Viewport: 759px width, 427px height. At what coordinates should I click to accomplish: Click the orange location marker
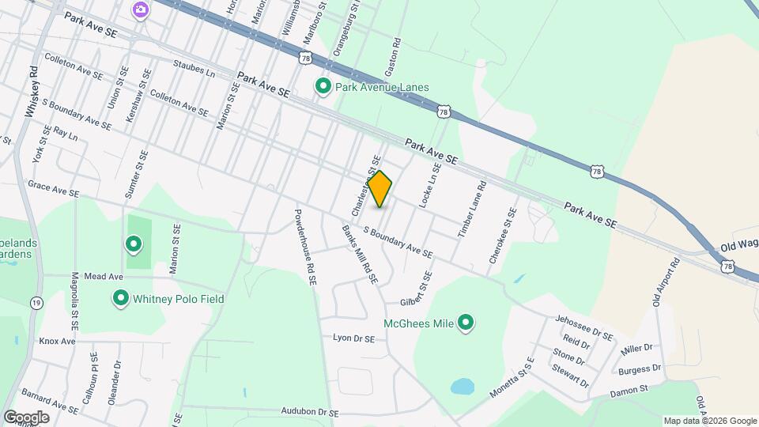(x=380, y=189)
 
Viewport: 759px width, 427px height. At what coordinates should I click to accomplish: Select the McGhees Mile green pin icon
(x=466, y=323)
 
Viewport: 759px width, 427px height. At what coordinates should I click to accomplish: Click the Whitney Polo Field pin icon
(x=121, y=299)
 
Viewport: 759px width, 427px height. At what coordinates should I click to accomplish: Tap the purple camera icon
(x=140, y=9)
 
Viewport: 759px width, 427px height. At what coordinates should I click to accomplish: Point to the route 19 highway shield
(x=36, y=303)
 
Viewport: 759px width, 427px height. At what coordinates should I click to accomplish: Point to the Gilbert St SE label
(x=417, y=292)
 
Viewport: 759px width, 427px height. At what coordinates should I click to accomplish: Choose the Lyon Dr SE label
(x=353, y=338)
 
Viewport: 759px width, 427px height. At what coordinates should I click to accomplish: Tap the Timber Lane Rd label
(x=471, y=210)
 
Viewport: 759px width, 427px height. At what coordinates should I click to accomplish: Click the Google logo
(x=26, y=417)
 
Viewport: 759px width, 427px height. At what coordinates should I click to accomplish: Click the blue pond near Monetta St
(x=462, y=387)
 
